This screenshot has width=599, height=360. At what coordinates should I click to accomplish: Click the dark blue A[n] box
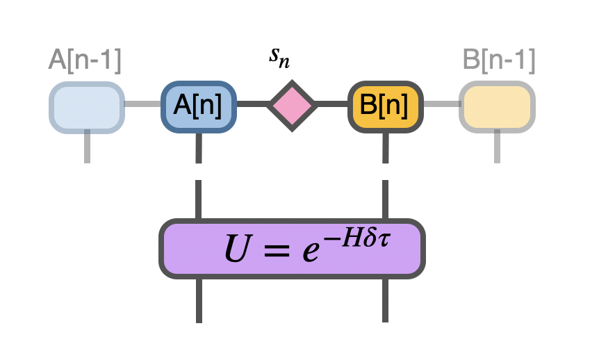199,106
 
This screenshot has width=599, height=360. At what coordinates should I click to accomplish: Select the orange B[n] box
386,106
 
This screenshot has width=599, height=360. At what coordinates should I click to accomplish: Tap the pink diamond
292,106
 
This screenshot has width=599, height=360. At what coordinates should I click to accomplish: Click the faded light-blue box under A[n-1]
87,106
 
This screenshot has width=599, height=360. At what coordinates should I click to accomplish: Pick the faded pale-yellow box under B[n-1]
497,106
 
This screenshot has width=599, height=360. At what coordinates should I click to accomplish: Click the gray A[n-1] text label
85,60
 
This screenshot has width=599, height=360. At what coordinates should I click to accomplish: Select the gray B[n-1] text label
499,60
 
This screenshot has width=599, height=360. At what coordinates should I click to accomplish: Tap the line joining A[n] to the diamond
252,106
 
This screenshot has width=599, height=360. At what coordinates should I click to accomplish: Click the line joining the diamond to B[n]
332,106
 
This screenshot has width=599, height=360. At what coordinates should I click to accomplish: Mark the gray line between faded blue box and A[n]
142,106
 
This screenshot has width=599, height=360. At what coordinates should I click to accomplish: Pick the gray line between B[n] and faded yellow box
441,106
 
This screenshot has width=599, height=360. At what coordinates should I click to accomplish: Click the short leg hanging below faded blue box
87,147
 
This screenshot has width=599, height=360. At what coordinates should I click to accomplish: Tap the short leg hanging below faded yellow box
497,147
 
